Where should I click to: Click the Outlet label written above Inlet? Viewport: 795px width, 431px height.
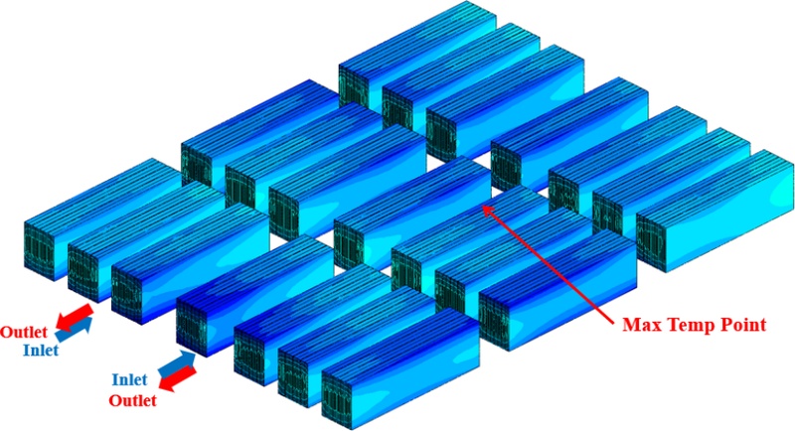click(24, 333)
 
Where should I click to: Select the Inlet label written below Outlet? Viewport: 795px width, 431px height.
click(41, 350)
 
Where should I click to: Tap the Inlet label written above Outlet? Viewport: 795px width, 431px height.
click(129, 379)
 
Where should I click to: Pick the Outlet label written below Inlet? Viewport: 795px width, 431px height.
click(133, 400)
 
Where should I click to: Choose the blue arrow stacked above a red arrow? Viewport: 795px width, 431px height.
click(177, 364)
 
